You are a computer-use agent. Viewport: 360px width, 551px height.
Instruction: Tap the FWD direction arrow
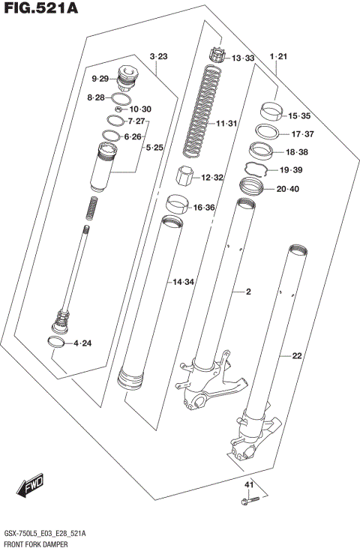point(31,486)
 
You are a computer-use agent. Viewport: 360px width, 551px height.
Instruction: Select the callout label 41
point(250,486)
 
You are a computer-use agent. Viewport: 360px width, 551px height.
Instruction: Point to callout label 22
point(296,356)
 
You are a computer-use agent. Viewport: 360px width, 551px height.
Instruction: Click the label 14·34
point(184,282)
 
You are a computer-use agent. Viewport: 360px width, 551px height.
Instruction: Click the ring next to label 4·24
point(55,343)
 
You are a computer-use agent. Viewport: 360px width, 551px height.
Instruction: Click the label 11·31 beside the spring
point(226,124)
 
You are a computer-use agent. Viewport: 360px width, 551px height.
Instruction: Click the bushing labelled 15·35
point(271,112)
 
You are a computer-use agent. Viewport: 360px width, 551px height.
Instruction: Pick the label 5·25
point(154,148)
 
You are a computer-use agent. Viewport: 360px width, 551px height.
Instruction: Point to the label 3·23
point(158,57)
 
